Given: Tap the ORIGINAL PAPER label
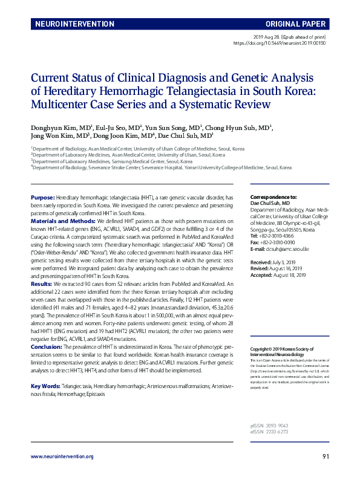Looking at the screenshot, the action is pos(295,25).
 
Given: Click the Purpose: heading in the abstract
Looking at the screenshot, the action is pos(42,198).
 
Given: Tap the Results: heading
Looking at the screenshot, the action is pos(41,282).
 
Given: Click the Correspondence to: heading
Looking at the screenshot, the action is pos(273,197).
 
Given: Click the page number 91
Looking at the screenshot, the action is pos(326,457).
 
